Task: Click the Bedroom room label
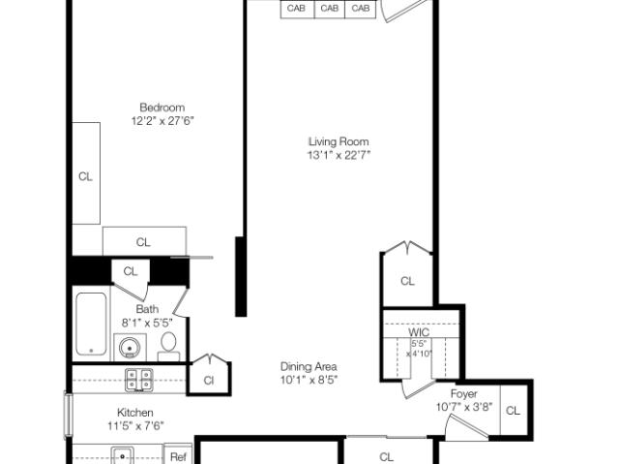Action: tap(162, 108)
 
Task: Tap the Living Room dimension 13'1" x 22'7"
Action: tap(339, 155)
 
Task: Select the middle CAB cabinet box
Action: tap(329, 9)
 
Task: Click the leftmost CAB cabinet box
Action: tap(297, 9)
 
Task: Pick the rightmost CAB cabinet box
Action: tap(361, 9)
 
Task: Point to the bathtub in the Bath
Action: tap(91, 324)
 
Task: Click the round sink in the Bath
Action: tap(130, 348)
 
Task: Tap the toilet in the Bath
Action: tap(168, 346)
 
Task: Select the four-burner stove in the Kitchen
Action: tap(139, 380)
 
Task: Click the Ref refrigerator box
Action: tap(178, 453)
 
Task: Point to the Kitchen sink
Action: tap(123, 455)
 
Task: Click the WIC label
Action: tap(419, 332)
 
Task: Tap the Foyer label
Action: tap(464, 393)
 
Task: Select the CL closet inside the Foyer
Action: tap(514, 411)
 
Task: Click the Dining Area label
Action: tap(309, 367)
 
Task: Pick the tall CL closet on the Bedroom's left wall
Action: tap(86, 173)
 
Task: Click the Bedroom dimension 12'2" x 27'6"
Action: tap(162, 120)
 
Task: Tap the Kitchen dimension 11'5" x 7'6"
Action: tap(135, 425)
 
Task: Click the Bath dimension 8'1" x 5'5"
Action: tap(147, 323)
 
